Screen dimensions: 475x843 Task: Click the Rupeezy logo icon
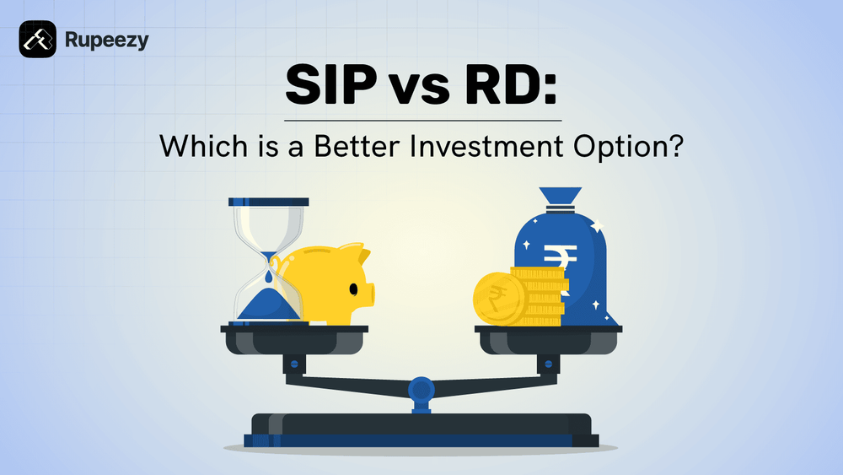tap(37, 39)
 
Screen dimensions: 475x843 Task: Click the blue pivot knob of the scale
tap(421, 388)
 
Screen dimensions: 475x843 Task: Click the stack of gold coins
tap(540, 295)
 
